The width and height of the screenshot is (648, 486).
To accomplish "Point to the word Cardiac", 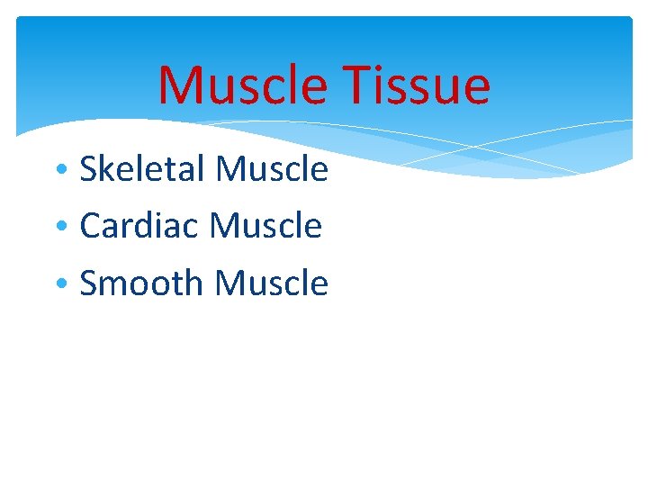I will pyautogui.click(x=139, y=226).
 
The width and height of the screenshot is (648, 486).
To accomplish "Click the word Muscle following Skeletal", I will pyautogui.click(x=273, y=169).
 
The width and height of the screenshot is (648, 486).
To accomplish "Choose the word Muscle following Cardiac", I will pyautogui.click(x=265, y=226).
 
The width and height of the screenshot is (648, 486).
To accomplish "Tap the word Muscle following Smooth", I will pyautogui.click(x=272, y=283).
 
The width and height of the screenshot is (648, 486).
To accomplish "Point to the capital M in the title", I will pyautogui.click(x=179, y=86).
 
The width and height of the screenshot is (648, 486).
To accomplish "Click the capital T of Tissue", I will pyautogui.click(x=358, y=86).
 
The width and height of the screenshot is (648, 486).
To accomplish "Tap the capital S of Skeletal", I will pyautogui.click(x=89, y=169).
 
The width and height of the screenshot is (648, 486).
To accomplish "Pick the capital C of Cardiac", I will pyautogui.click(x=90, y=226).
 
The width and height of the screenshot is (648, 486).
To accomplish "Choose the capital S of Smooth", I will pyautogui.click(x=89, y=283).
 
